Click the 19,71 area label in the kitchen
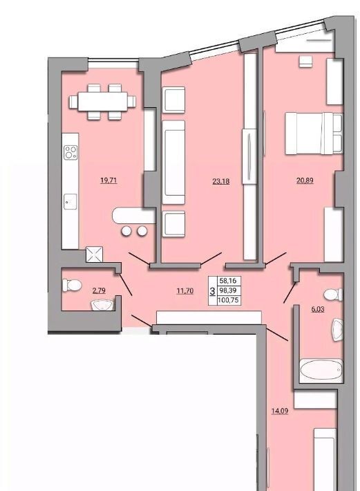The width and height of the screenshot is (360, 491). [x=108, y=180]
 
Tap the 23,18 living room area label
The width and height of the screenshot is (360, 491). [x=221, y=181]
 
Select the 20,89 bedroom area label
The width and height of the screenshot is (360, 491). [x=305, y=180]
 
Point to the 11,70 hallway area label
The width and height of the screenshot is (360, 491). [x=185, y=291]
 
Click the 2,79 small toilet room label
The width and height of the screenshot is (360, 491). [x=99, y=290]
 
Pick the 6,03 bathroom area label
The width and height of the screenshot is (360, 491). [x=318, y=309]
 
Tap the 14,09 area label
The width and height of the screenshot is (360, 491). [x=280, y=411]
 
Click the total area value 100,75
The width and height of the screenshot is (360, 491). [x=229, y=300]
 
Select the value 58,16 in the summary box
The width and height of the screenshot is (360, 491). [x=228, y=281]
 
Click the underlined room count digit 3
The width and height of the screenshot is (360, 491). [x=212, y=291]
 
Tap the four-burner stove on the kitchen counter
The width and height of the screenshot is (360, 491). [x=70, y=153]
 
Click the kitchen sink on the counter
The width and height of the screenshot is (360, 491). [x=70, y=202]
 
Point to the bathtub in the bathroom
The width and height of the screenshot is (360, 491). [x=321, y=370]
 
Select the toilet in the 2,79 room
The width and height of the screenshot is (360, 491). [x=72, y=286]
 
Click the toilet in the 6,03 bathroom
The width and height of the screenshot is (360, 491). [x=334, y=295]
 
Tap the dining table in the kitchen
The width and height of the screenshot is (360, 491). [x=102, y=102]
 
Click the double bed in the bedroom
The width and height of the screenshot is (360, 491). [x=314, y=133]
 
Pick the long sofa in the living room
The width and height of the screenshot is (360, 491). [x=173, y=163]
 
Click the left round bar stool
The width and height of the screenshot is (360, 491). [x=126, y=231]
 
